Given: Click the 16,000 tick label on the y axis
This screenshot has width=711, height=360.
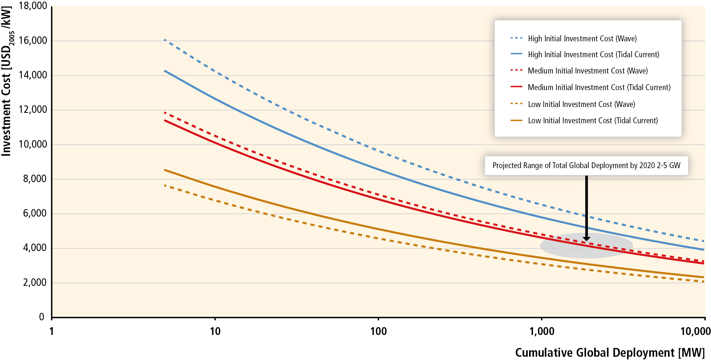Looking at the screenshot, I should pos(33,41).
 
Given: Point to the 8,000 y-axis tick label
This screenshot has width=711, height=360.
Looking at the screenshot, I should pos(35,179).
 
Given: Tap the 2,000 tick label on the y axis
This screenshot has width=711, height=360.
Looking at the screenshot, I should pos(35,283).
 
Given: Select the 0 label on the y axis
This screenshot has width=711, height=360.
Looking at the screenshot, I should pos(42,317).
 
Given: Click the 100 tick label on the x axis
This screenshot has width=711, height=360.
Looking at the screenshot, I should pos(378,331).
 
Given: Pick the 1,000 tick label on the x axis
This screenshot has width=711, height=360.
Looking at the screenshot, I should pos(542,331).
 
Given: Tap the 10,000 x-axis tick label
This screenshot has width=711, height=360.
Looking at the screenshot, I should pos(695,331).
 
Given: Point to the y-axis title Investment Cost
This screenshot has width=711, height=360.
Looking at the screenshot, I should pos(7,81).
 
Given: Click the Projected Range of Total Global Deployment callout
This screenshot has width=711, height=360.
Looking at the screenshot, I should pos(586,166).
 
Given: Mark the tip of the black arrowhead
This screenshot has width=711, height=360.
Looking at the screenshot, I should pos(586,241).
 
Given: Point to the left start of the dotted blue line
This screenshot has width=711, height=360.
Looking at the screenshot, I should pos(165,40).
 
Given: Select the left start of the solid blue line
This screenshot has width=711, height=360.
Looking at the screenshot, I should pos(165,71).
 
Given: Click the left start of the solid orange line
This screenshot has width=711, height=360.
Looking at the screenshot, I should pos(165,170).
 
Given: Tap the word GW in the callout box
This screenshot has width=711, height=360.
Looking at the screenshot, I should pos(675,166).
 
